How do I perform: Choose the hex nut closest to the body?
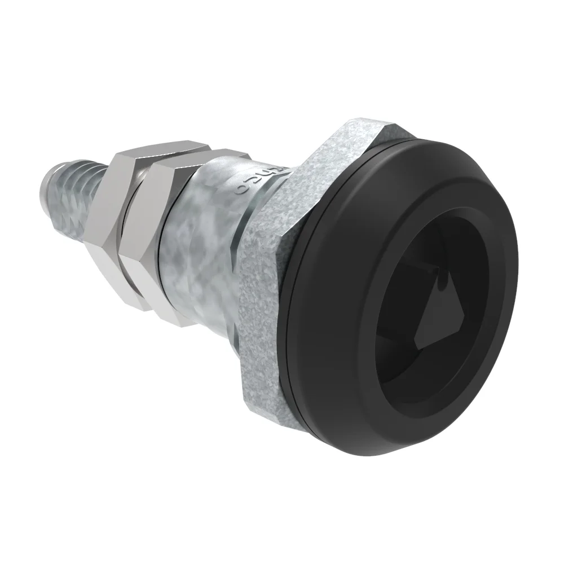tap(155, 237)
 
